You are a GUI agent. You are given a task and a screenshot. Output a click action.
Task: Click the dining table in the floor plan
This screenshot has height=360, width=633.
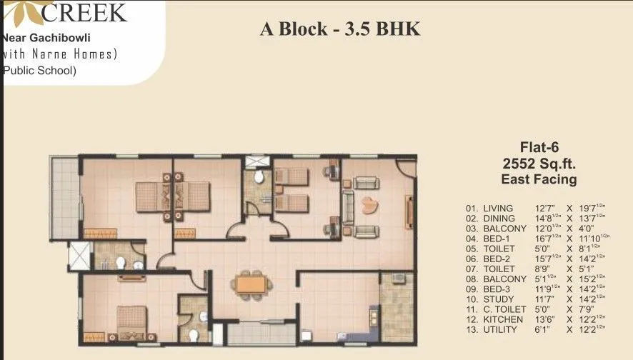[251, 284]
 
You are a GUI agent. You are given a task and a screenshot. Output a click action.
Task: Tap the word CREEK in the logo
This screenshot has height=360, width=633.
[84, 12]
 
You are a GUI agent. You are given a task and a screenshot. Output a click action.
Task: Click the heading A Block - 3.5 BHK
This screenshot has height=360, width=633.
[340, 29]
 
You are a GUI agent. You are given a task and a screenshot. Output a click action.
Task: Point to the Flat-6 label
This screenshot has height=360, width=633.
[539, 149]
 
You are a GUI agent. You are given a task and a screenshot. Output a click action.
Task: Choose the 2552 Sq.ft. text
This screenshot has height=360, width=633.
[539, 164]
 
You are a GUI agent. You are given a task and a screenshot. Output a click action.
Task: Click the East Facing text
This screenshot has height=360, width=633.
[539, 179]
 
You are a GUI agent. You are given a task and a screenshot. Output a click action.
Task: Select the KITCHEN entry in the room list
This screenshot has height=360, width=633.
[503, 319]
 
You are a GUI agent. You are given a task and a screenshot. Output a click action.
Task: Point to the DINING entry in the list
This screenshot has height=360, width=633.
[499, 219]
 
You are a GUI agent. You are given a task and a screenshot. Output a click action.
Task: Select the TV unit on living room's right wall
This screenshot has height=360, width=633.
[409, 211]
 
